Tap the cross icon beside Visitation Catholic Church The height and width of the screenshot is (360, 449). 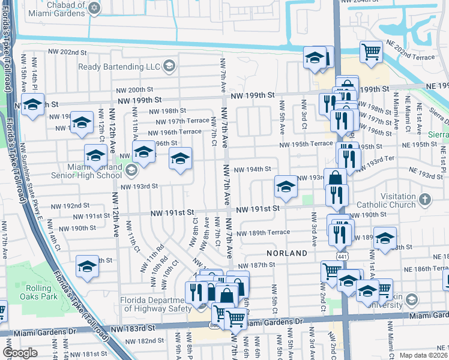[424, 199]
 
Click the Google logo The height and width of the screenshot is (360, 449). [20, 353]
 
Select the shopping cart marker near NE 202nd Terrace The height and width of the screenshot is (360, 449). [372, 52]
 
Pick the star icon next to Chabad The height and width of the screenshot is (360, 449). [94, 7]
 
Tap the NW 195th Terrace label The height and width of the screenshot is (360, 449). [305, 144]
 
